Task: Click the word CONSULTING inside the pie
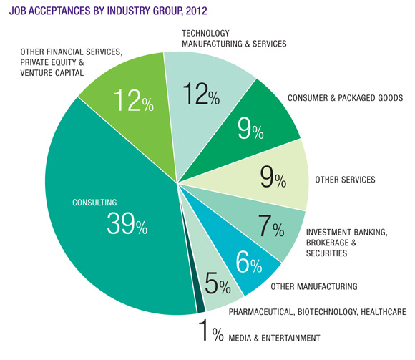95,203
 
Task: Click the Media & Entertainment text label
275,337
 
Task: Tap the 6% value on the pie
248,263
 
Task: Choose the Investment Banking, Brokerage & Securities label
346,242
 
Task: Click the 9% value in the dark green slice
251,130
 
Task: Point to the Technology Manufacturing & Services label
233,38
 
